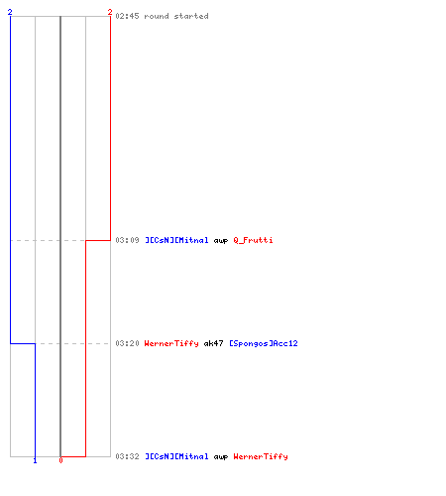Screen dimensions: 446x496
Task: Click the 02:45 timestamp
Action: (x=127, y=16)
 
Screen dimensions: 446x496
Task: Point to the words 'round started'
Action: (x=176, y=16)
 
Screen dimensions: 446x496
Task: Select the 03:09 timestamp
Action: (x=127, y=240)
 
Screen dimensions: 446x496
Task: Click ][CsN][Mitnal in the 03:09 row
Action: (x=176, y=240)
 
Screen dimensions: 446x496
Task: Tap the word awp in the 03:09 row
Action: (x=221, y=241)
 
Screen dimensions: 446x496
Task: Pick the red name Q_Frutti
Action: (x=253, y=240)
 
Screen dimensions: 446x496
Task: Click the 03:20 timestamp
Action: (x=127, y=343)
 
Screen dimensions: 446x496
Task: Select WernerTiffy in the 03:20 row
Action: (x=171, y=343)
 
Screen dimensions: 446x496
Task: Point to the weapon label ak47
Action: (x=213, y=343)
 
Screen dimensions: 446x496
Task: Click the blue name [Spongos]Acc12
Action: (x=264, y=343)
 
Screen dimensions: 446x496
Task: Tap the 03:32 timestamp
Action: (x=127, y=456)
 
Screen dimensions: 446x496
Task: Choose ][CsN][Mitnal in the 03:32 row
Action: (x=176, y=456)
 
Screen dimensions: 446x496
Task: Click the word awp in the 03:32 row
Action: (x=221, y=457)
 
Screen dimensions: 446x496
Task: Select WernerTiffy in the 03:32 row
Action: (x=261, y=456)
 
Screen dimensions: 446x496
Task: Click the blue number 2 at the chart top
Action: (x=10, y=12)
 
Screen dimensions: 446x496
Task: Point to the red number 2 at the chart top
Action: (x=110, y=12)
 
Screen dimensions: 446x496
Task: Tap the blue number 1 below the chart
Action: (x=35, y=460)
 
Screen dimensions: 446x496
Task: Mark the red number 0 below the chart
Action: (x=60, y=460)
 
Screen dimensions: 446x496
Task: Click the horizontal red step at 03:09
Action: (x=98, y=240)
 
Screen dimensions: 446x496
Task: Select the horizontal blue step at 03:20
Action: (x=23, y=343)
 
